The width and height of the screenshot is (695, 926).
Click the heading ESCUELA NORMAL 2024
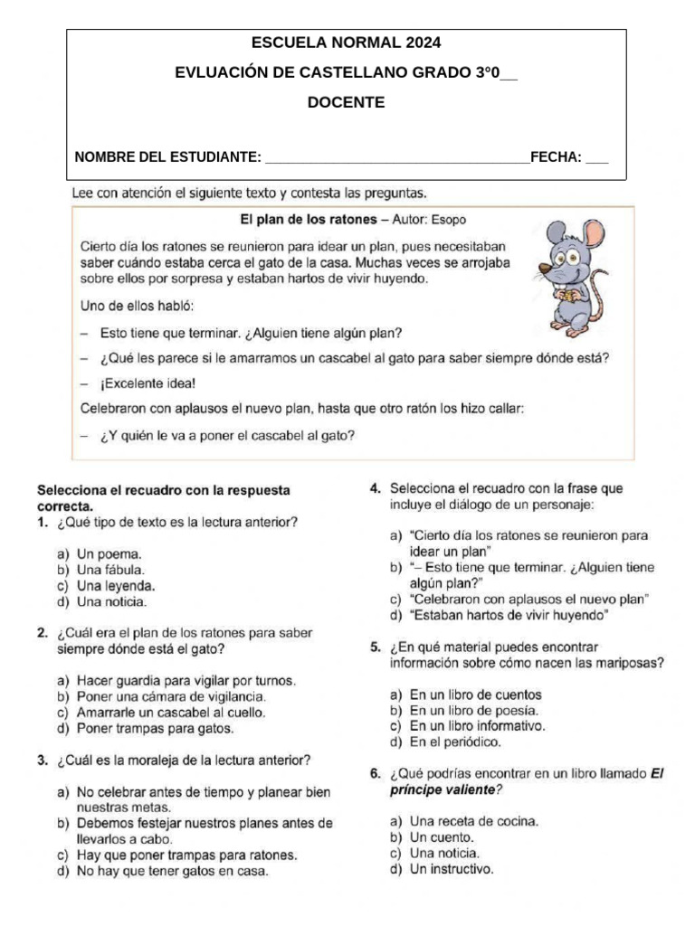tap(347, 43)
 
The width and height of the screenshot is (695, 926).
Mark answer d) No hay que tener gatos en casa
tap(162, 872)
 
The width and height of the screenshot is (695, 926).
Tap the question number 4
tap(375, 488)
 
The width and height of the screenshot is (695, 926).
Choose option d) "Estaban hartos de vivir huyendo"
tap(499, 616)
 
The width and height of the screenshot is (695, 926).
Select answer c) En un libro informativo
tap(467, 726)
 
